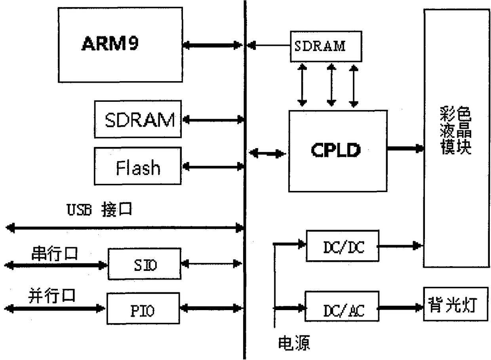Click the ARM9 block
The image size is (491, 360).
(120, 45)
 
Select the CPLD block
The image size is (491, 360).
(337, 151)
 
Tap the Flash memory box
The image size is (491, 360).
(137, 166)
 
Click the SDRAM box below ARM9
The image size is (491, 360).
(137, 119)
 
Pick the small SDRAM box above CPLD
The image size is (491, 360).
(325, 46)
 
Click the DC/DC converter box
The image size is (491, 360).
(342, 246)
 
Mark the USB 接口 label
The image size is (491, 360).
(99, 210)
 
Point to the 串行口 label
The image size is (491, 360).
(55, 254)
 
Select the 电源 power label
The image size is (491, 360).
(294, 343)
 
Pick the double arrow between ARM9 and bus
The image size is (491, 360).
(212, 46)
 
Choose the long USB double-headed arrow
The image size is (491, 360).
(125, 227)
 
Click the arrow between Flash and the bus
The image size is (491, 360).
(212, 167)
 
